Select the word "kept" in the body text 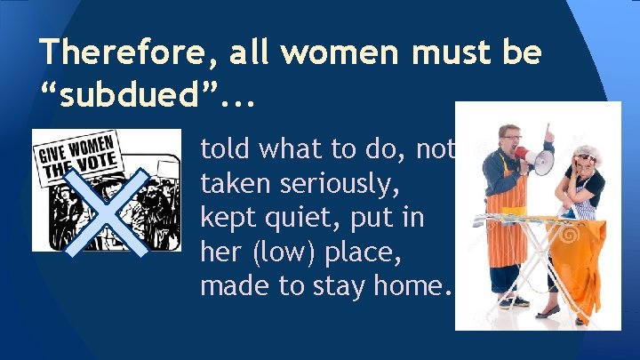click(225, 217)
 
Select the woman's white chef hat click(588, 152)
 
